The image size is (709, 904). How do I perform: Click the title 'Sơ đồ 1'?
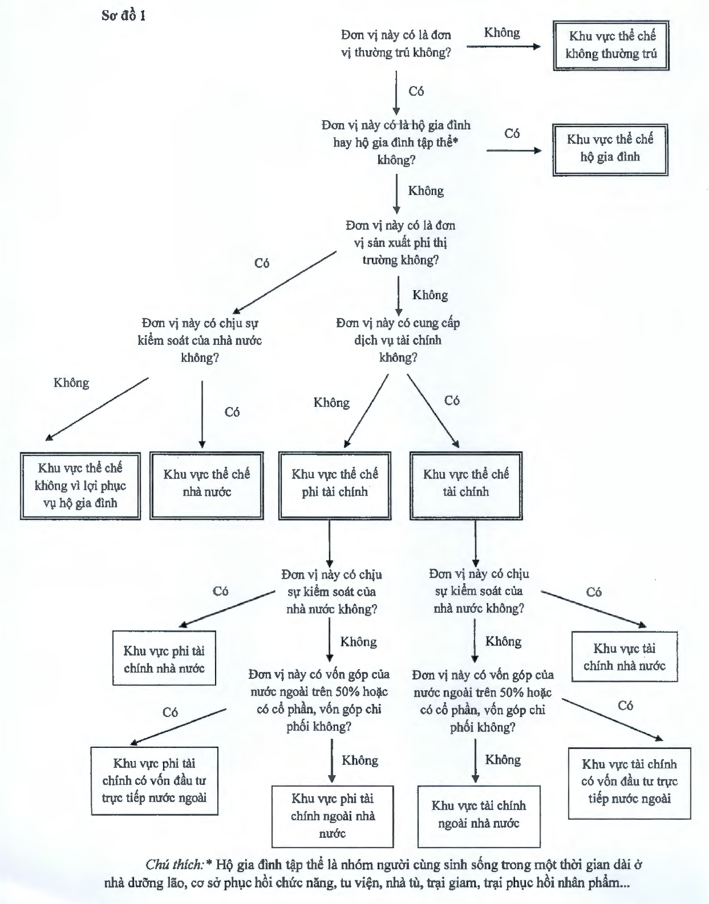pos(124,15)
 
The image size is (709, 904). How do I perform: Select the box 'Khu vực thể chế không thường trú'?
pos(611,46)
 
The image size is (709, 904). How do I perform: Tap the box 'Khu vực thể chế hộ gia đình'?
pos(610,149)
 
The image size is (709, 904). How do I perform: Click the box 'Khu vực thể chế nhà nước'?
pos(206,485)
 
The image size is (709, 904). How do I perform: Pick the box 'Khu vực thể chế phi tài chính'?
pos(335,485)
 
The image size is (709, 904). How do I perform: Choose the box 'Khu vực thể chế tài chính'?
pos(466,485)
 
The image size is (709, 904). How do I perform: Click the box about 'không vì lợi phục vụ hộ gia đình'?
pos(80,486)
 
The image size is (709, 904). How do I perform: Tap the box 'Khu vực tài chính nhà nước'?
pos(625,657)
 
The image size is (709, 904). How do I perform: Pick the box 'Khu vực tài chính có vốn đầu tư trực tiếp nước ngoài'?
pos(629,781)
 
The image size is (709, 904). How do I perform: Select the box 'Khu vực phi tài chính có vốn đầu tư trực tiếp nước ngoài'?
pos(155,780)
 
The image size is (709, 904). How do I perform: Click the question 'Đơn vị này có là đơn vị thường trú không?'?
pos(396,44)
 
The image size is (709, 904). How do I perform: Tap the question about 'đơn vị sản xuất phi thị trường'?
pos(400,243)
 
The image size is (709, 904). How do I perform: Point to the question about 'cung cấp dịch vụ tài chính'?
pos(398,340)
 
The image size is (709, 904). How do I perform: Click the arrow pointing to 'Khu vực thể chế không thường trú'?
pos(503,46)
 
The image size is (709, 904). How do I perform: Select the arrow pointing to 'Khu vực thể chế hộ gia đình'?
pos(513,150)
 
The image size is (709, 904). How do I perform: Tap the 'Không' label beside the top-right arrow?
pos(502,32)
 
